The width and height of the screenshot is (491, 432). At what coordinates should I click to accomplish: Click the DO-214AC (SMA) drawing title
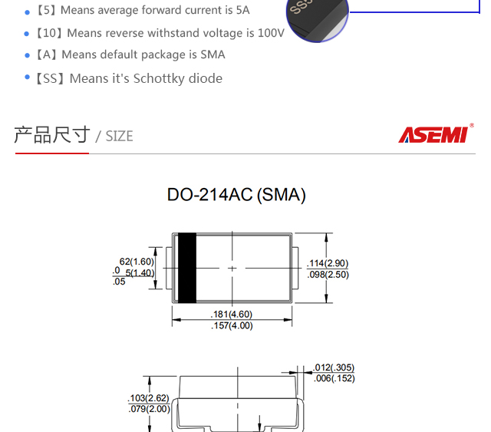236,195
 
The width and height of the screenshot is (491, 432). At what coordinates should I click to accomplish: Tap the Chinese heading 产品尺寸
52,135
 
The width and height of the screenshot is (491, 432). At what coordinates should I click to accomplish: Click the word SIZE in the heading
119,137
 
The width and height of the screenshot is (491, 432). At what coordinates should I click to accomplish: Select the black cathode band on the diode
186,268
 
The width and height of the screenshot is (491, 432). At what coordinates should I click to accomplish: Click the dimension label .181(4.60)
232,314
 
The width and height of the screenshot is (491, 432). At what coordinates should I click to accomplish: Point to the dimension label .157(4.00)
232,325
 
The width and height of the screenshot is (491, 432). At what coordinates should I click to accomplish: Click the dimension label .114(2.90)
328,263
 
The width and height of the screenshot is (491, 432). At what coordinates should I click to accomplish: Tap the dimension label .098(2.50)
328,274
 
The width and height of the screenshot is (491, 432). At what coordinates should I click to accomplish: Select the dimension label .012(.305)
334,368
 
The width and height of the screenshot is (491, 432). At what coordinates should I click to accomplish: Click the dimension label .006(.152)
334,378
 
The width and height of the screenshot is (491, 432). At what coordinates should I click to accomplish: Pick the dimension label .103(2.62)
148,398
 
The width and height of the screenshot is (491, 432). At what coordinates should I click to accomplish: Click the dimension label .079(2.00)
148,409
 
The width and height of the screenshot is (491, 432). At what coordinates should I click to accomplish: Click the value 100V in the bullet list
271,33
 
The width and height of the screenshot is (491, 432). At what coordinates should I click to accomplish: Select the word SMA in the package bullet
213,54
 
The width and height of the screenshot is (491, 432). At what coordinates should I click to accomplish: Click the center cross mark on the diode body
232,269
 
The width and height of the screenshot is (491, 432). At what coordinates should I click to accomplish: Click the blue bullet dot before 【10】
28,34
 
